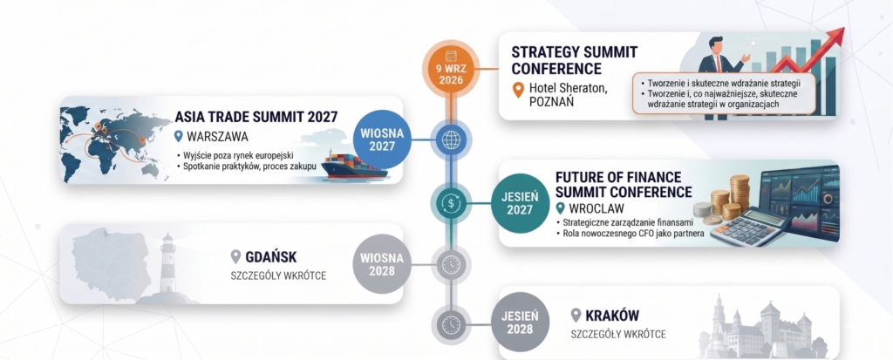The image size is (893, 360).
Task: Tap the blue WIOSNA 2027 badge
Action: click(x=381, y=140)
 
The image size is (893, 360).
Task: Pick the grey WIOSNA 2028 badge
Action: click(x=382, y=264)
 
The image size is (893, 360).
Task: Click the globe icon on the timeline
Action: click(x=451, y=140)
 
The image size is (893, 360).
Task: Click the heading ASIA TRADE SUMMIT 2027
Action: click(x=256, y=118)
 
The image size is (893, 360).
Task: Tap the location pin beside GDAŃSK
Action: click(x=235, y=257)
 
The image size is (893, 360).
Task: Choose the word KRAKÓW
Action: click(x=613, y=316)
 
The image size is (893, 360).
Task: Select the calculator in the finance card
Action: click(x=749, y=227)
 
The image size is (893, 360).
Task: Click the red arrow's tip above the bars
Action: click(x=843, y=30)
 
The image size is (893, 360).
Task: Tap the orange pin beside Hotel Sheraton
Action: click(x=518, y=90)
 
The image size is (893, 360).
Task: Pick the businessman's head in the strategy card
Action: click(x=717, y=45)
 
